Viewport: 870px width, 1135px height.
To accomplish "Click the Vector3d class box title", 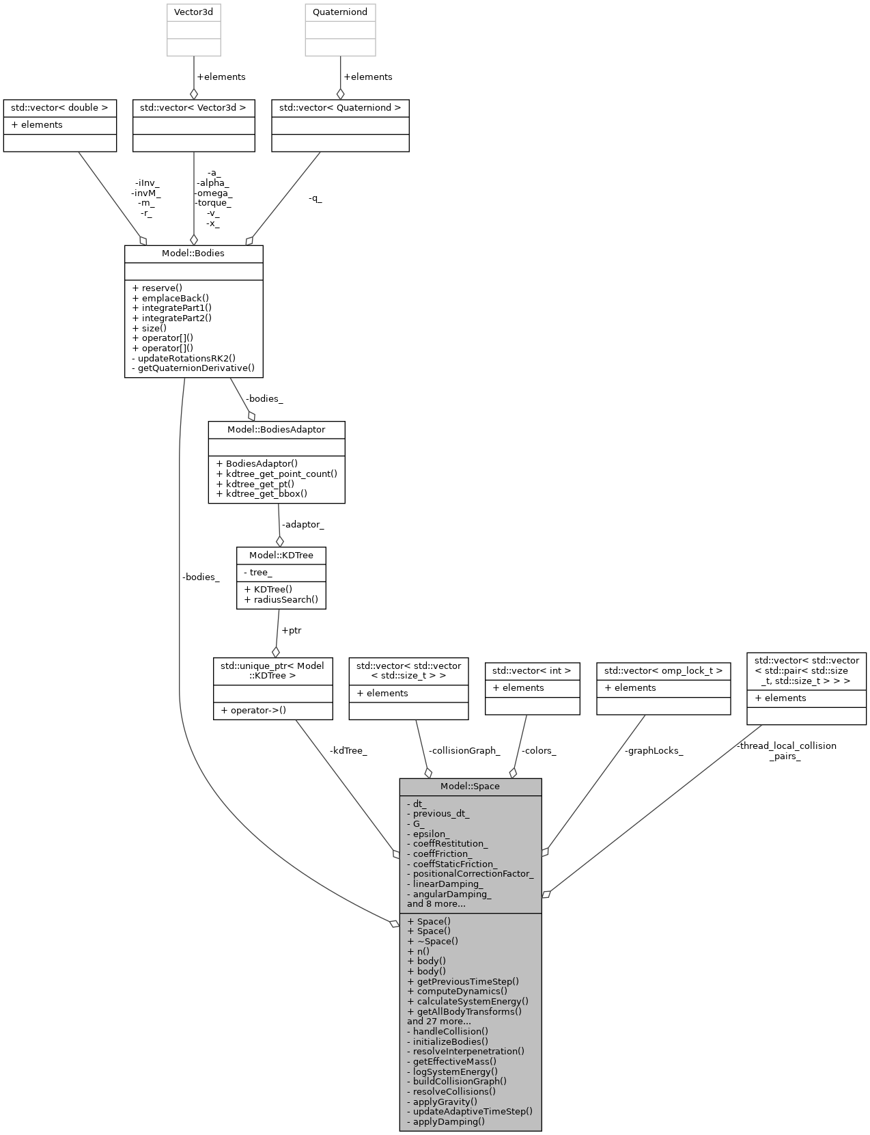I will (x=194, y=12).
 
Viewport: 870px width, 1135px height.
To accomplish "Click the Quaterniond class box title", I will (x=340, y=12).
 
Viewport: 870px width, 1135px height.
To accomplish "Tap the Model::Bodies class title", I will (x=193, y=253).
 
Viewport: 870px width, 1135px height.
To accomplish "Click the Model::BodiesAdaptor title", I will (x=276, y=429).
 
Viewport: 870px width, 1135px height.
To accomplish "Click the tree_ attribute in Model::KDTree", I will (x=260, y=572).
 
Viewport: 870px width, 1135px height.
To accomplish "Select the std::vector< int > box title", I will (x=531, y=670).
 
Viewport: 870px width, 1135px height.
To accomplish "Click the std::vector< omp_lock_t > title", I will (x=663, y=670).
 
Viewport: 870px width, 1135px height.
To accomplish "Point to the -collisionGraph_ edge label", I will (x=464, y=750).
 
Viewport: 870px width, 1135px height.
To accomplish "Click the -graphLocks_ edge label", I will (x=654, y=750).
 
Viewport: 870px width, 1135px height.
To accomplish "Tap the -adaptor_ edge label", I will (x=303, y=524).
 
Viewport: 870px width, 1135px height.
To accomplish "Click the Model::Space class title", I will (x=470, y=786).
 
